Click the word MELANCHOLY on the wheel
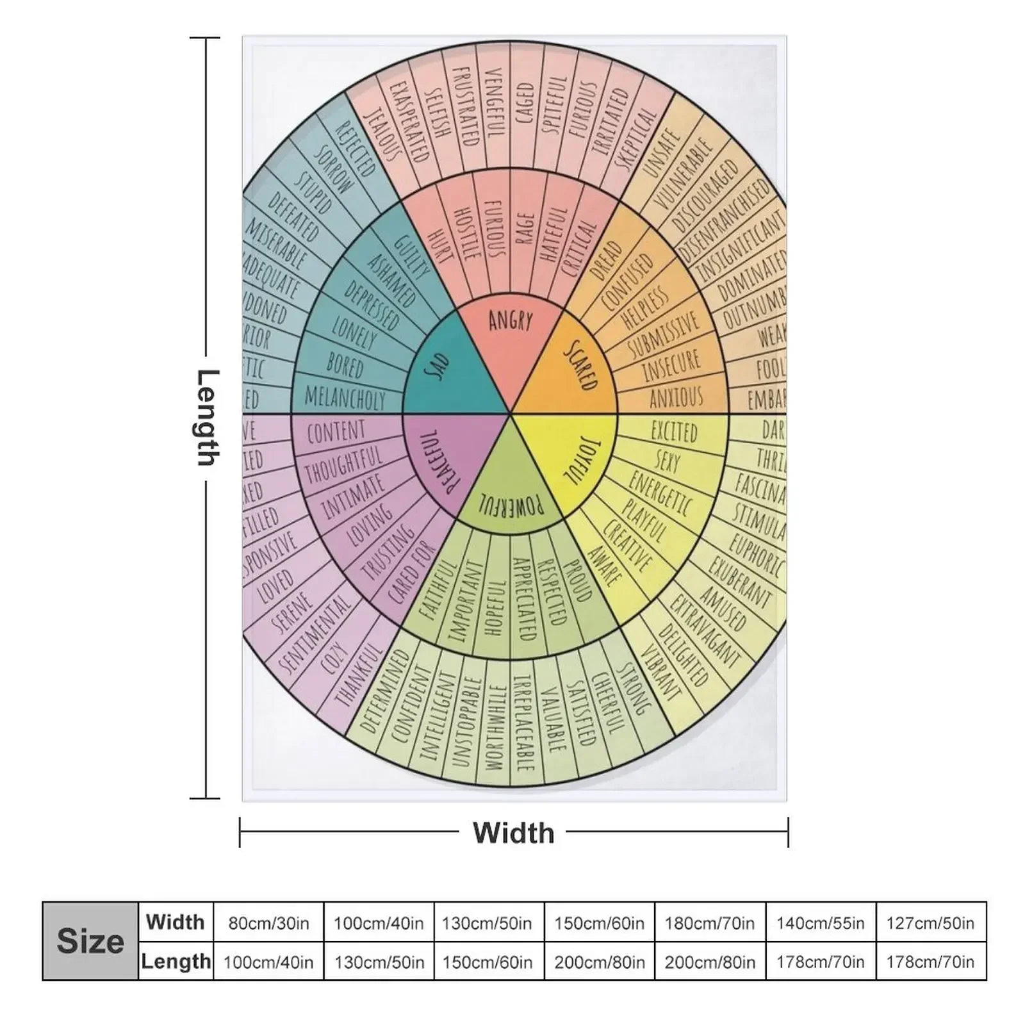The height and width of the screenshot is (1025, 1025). point(345,398)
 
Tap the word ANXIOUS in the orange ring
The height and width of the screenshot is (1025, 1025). point(676,398)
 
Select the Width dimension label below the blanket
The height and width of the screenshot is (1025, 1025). point(513,833)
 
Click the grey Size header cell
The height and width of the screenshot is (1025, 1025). point(90,941)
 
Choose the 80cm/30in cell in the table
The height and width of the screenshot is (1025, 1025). point(268,923)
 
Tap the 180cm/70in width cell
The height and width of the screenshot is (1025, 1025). point(710,923)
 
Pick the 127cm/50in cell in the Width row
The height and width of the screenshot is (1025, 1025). point(930,923)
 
